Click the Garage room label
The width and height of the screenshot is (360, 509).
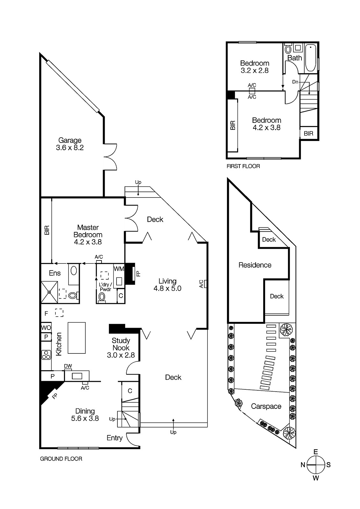[70, 143]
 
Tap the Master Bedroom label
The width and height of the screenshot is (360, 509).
[88, 234]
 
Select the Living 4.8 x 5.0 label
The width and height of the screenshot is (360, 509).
[167, 285]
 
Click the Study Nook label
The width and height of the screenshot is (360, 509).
[121, 347]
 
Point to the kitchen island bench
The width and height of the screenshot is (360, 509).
[76, 338]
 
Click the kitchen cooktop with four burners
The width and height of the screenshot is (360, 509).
[46, 354]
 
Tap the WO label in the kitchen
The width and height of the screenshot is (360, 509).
[46, 328]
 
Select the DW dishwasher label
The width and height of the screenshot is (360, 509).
[68, 366]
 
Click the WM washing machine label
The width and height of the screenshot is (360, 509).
[119, 269]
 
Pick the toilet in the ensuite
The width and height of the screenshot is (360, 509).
[73, 296]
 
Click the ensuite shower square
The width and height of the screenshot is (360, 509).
[49, 292]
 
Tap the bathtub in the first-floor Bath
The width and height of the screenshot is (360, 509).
[311, 59]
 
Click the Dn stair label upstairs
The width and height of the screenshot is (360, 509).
[295, 82]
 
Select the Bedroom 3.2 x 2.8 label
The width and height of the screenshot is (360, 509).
[254, 67]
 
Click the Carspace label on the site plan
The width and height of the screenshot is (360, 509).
[266, 406]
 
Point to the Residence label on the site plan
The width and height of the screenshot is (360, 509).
[255, 265]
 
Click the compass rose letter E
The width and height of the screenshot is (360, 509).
[315, 452]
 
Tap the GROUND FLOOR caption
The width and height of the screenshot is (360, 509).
[61, 459]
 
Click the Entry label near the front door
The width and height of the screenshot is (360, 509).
[115, 438]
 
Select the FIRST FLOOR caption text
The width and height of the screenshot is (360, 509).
[243, 166]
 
